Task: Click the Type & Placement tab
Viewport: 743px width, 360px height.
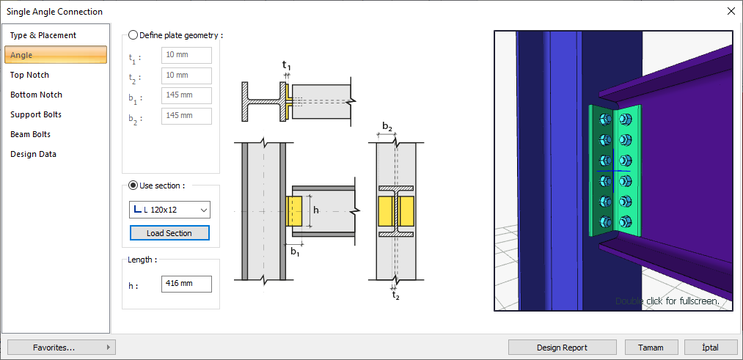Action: point(43,35)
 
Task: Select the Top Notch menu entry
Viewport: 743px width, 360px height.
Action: point(30,75)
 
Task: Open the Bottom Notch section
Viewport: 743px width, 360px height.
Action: point(36,95)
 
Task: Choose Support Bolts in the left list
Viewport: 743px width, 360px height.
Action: point(36,114)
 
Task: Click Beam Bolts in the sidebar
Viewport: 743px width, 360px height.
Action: point(30,134)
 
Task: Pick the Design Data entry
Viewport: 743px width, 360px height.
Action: point(33,154)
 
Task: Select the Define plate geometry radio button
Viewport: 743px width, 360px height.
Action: point(133,34)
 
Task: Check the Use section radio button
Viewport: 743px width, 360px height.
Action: point(133,185)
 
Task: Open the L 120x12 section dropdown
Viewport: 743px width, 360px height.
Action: point(169,210)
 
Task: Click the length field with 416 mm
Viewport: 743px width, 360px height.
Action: point(186,284)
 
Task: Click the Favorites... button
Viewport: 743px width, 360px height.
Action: point(61,348)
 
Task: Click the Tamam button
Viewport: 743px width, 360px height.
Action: point(651,348)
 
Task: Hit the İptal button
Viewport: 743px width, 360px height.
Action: point(710,348)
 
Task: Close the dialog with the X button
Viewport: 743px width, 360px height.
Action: point(731,11)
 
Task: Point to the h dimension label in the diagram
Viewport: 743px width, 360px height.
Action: point(316,210)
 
